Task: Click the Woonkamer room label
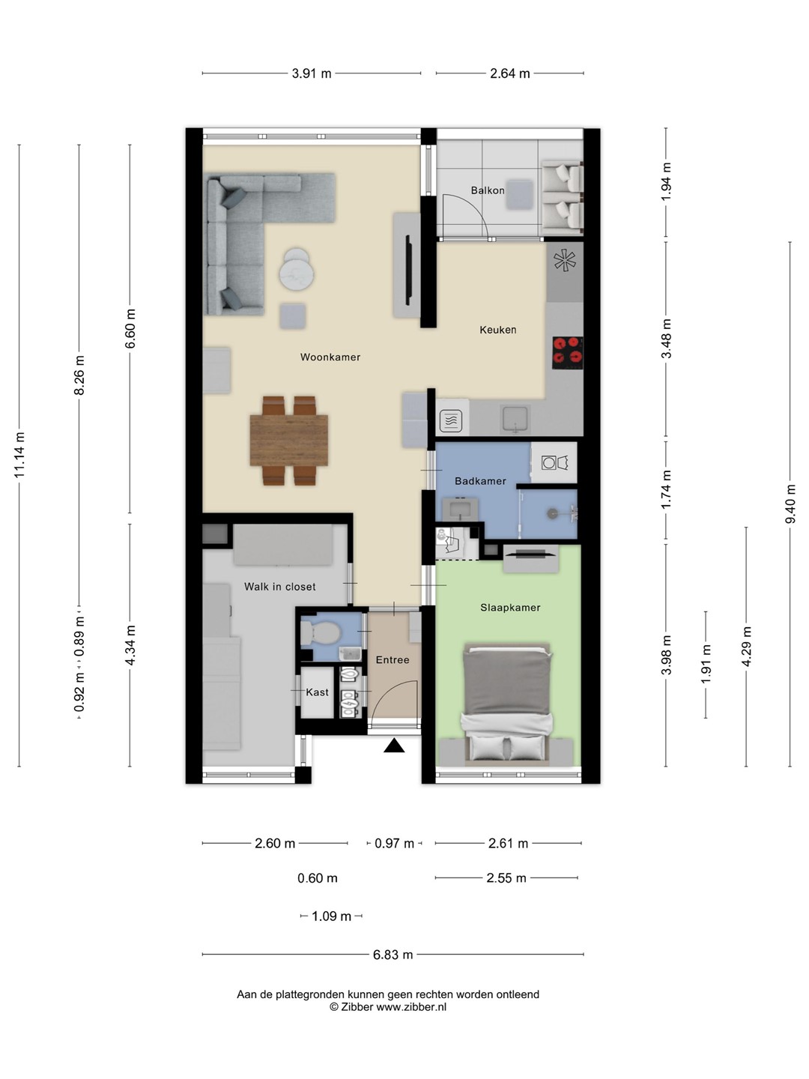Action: [x=330, y=357]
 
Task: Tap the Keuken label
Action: [x=498, y=330]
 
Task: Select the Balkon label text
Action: [x=487, y=190]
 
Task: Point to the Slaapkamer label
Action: [x=510, y=608]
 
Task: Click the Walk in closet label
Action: [x=280, y=587]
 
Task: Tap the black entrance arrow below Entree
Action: [x=394, y=746]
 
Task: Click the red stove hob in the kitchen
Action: [x=568, y=353]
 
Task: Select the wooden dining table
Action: [x=289, y=440]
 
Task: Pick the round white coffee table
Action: [x=296, y=271]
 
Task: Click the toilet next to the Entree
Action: [x=320, y=632]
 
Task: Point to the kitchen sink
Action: [x=515, y=420]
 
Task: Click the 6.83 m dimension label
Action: [x=393, y=955]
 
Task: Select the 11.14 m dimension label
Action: [x=19, y=455]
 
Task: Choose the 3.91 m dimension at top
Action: [x=312, y=73]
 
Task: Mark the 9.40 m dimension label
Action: [x=790, y=504]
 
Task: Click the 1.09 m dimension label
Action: [x=332, y=916]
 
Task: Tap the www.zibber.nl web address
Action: [x=412, y=1007]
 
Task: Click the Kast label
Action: [x=318, y=692]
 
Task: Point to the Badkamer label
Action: [x=480, y=481]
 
